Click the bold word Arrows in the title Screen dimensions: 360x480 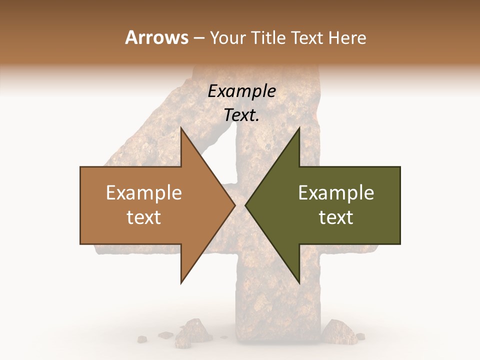(x=156, y=37)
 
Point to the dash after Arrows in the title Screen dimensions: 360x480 (x=199, y=38)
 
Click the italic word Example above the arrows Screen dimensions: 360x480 (x=241, y=91)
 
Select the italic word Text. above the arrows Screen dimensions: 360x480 (x=241, y=115)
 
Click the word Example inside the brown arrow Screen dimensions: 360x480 (x=144, y=193)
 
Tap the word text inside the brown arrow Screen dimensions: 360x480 (x=144, y=217)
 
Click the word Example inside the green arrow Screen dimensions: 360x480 (x=336, y=193)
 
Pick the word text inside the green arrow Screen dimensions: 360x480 (x=336, y=217)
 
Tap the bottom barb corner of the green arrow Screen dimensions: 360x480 (x=299, y=282)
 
